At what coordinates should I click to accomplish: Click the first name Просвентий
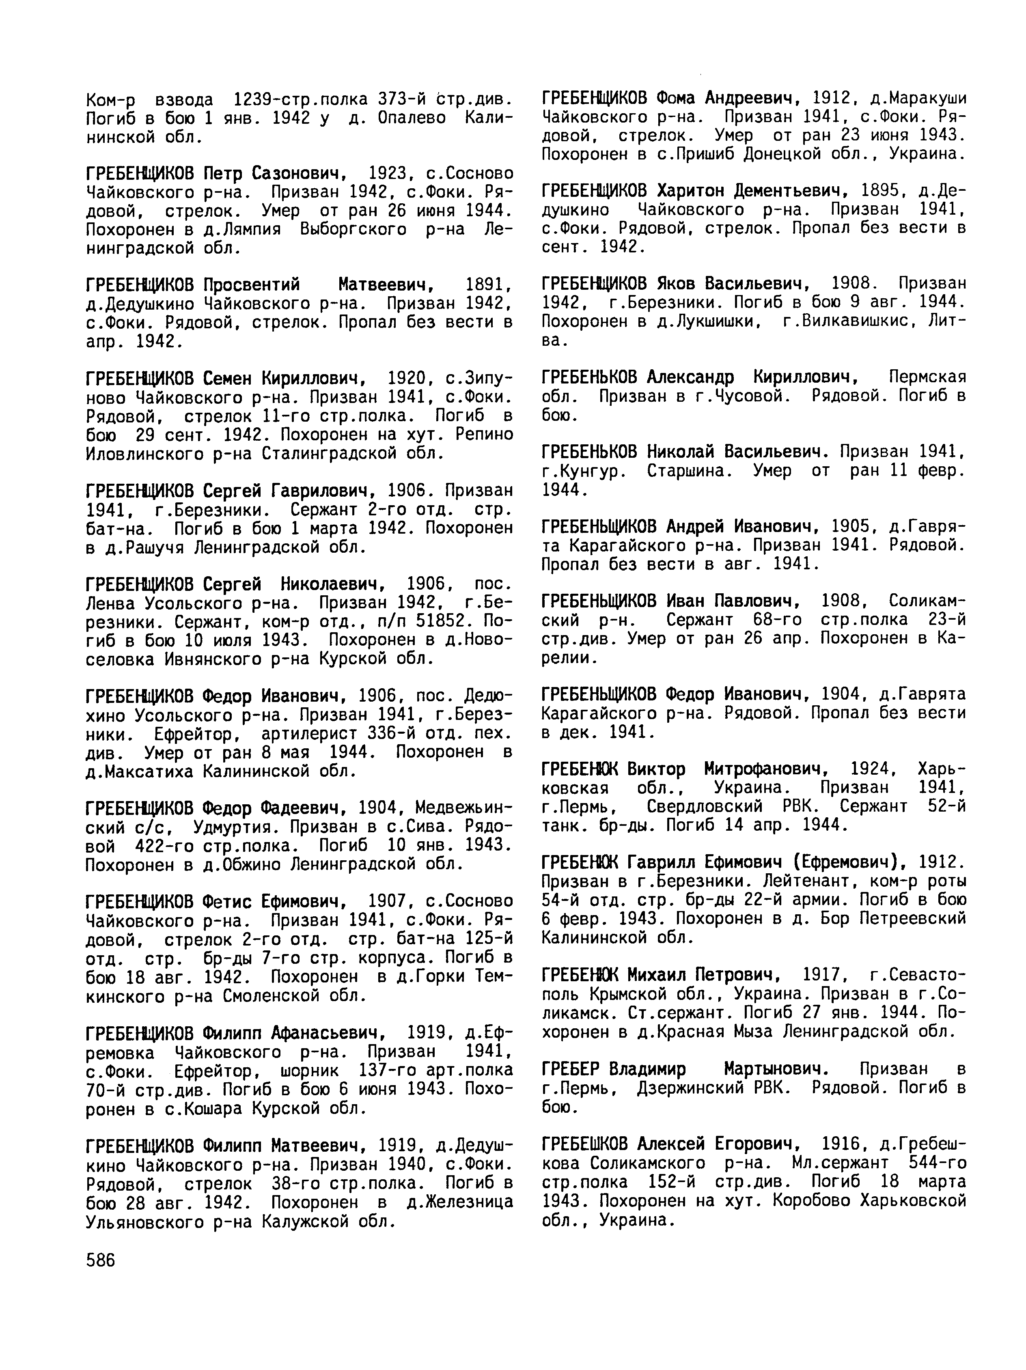(x=252, y=284)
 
